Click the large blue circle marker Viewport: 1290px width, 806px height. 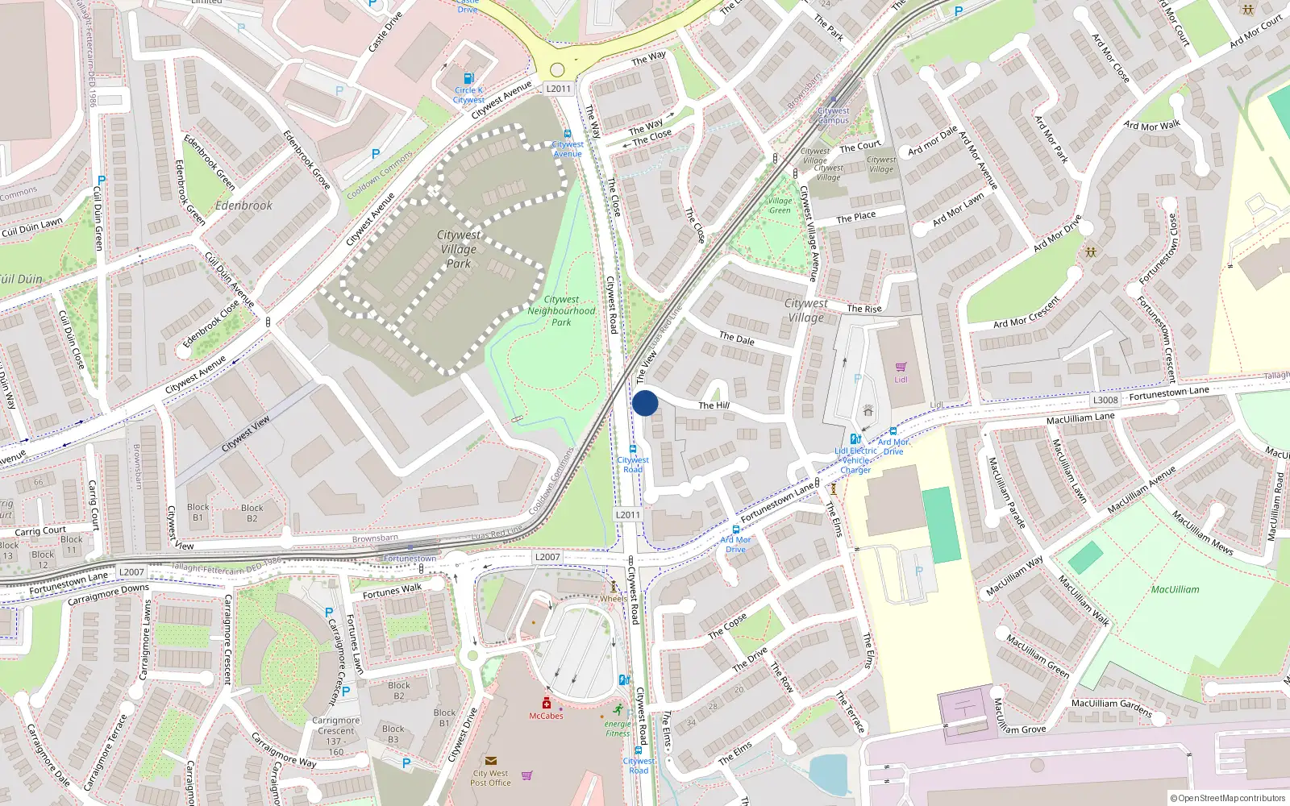(x=645, y=403)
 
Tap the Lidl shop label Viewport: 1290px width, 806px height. (x=901, y=380)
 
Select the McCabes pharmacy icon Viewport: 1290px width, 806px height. (x=546, y=704)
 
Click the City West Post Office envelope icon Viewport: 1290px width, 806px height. (x=490, y=760)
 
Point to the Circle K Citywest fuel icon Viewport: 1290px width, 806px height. (x=469, y=79)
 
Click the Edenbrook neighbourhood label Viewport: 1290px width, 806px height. (x=243, y=206)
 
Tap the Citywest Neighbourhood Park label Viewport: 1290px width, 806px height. (x=561, y=310)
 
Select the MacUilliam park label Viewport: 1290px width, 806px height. (x=1175, y=589)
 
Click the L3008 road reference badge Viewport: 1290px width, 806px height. (x=1105, y=400)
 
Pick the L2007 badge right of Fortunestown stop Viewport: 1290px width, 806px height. (x=547, y=557)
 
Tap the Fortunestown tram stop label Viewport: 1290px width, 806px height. (x=410, y=559)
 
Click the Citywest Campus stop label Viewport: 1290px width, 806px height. (x=833, y=115)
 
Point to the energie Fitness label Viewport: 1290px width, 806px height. (x=618, y=729)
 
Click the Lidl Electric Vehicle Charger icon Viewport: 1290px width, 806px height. (x=855, y=439)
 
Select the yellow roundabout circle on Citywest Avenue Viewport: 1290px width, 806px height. (x=557, y=70)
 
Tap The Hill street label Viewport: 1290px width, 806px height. (x=714, y=405)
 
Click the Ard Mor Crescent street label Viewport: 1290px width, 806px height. (x=1026, y=313)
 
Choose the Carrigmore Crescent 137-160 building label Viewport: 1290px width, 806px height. (x=336, y=736)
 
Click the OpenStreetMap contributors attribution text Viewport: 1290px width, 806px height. (x=1228, y=798)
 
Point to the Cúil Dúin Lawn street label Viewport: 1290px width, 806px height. (x=32, y=226)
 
